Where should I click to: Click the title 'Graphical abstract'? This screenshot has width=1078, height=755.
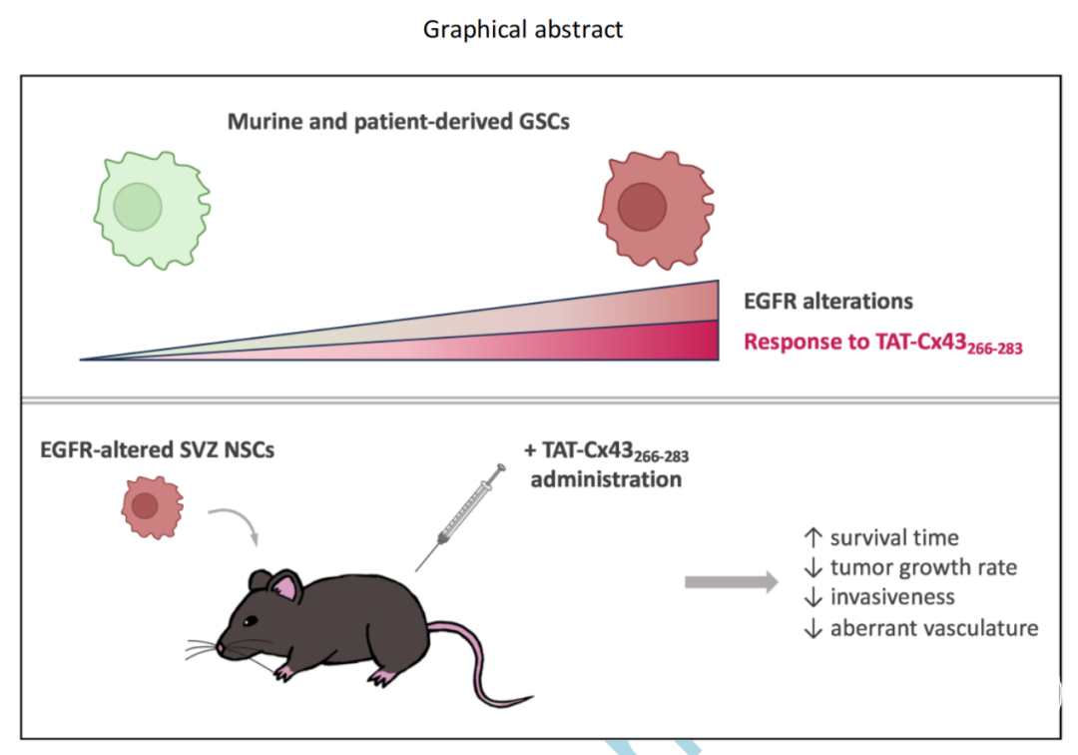[x=522, y=30]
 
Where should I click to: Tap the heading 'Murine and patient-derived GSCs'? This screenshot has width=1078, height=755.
[x=398, y=122]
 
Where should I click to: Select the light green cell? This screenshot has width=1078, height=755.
[x=152, y=210]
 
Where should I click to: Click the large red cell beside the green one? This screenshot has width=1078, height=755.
[x=656, y=210]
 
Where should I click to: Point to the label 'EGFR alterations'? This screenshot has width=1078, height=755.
[x=828, y=302]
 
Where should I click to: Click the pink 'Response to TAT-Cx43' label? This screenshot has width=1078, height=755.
[x=882, y=343]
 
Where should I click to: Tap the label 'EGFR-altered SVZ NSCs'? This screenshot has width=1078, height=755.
[x=158, y=449]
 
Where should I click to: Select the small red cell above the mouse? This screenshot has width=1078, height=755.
[x=153, y=507]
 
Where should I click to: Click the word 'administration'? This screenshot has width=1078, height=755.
[x=606, y=479]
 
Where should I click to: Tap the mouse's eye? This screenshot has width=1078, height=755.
[x=250, y=621]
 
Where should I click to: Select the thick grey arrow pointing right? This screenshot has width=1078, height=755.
[x=732, y=582]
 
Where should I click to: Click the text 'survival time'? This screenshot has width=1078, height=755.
[x=894, y=537]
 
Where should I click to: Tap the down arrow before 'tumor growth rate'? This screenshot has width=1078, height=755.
[x=813, y=567]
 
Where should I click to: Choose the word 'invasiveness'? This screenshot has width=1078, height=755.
[x=892, y=597]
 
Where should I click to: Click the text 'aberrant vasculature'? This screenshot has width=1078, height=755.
[x=934, y=628]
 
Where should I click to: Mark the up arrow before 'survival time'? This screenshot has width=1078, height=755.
[x=813, y=537]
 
